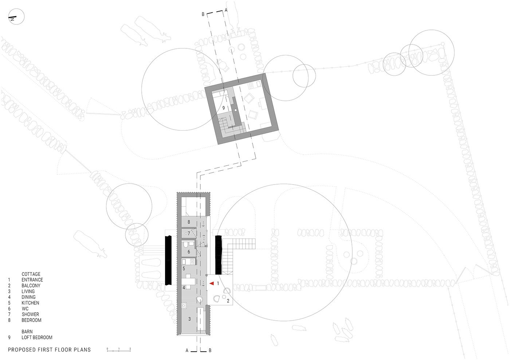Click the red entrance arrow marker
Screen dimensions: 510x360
coord(212,283)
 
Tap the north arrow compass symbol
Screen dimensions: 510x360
coord(16,17)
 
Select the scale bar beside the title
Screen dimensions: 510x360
coord(119,350)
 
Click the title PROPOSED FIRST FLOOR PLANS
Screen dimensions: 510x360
coord(50,350)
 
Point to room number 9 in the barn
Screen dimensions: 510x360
coord(224,108)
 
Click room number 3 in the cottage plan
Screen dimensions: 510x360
coord(189,319)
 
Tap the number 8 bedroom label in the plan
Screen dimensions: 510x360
coord(189,222)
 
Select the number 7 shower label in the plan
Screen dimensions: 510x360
coord(189,233)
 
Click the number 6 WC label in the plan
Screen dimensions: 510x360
coord(189,252)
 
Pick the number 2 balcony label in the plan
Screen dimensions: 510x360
coord(228,301)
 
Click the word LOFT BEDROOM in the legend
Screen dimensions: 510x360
coord(37,337)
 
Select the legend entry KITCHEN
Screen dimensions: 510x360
coord(30,303)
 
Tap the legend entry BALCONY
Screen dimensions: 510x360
coord(31,286)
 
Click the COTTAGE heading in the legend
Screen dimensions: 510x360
coord(31,274)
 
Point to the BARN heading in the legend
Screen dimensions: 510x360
coord(27,332)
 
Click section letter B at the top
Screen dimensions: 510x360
coord(203,14)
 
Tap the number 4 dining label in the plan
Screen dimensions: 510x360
coord(184,288)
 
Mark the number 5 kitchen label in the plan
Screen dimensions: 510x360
coord(184,269)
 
